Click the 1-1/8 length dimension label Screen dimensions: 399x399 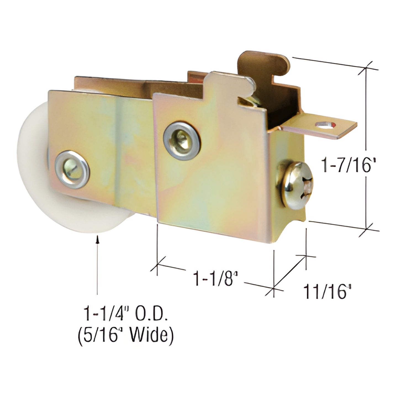point(215,278)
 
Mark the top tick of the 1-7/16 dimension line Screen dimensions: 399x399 point(366,68)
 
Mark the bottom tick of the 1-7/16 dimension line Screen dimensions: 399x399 point(366,229)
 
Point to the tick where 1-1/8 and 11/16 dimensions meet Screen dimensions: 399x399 point(274,289)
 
